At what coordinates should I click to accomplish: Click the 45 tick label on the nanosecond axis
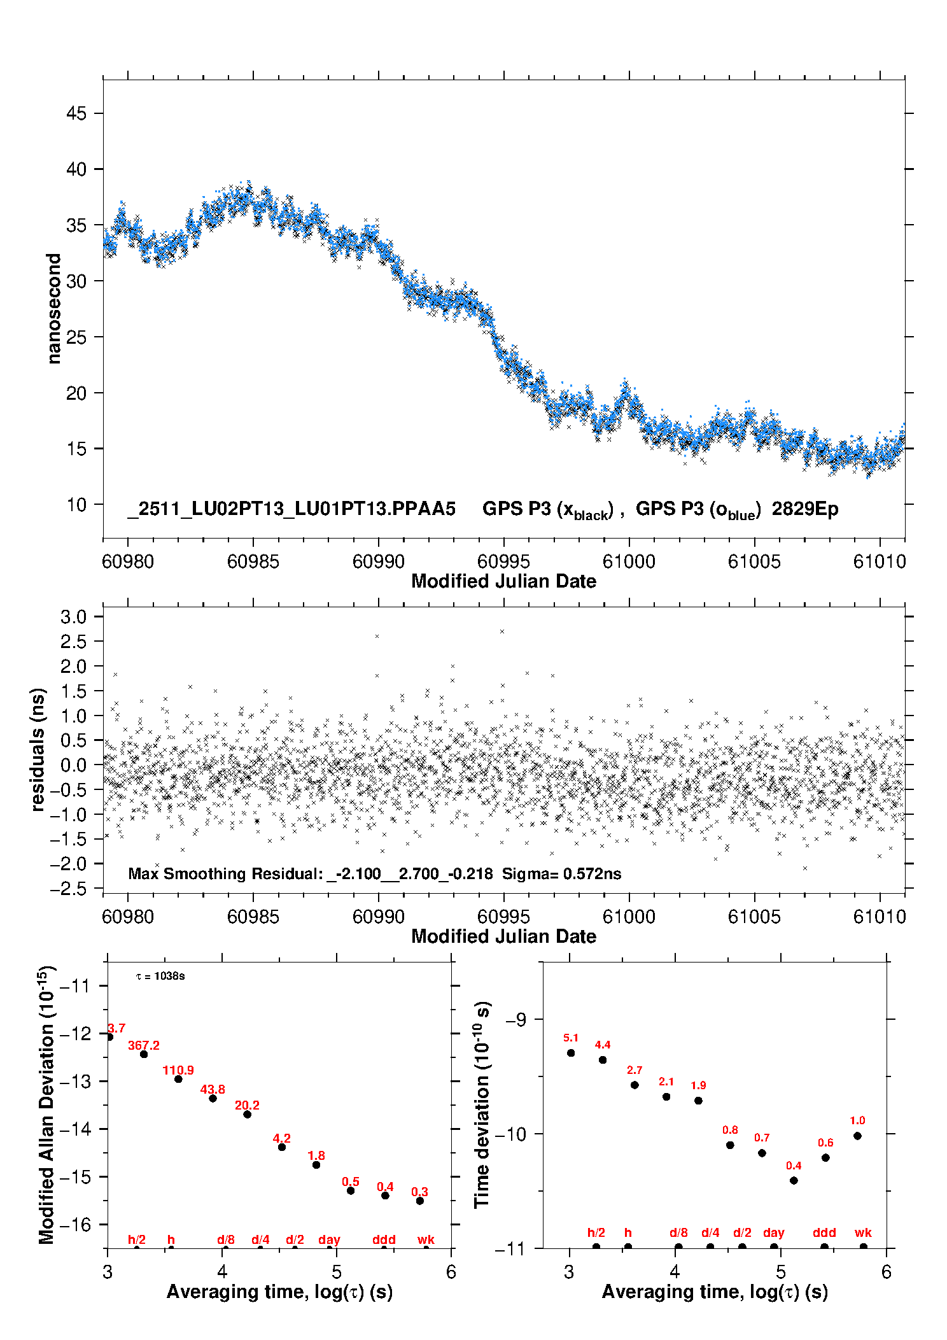[76, 113]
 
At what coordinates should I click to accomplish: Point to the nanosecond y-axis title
[54, 308]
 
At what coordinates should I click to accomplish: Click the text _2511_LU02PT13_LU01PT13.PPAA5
[291, 509]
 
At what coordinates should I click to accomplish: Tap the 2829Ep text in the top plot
[805, 509]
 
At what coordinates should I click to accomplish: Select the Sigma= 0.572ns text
[561, 873]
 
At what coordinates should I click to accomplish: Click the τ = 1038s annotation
[160, 976]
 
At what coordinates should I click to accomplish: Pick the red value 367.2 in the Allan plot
[144, 1045]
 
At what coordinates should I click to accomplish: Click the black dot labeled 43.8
[213, 1098]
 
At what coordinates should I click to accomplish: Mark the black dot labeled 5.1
[571, 1053]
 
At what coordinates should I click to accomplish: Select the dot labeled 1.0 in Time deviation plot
[857, 1136]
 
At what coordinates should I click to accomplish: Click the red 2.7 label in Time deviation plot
[635, 1070]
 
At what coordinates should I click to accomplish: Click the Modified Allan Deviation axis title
[46, 1104]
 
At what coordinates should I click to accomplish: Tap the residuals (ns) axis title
[38, 749]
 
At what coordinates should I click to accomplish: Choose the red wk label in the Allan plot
[426, 1239]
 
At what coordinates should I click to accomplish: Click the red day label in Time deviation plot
[773, 1232]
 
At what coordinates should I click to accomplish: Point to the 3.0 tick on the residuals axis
[73, 617]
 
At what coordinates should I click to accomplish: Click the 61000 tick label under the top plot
[629, 561]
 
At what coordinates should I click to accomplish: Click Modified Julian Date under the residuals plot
[503, 936]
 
